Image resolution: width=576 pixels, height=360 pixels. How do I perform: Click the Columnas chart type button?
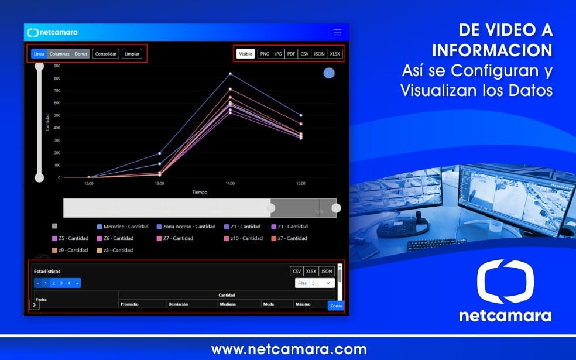point(59,54)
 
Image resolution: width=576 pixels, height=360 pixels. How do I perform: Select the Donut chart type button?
point(81,54)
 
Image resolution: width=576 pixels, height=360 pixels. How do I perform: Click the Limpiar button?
point(132,54)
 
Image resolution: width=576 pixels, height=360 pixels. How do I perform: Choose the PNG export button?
point(265,54)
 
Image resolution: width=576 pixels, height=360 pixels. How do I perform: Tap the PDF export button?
point(291,54)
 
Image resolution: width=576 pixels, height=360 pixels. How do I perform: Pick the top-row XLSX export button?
point(335,54)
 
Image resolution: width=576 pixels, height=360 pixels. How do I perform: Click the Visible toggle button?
point(245,54)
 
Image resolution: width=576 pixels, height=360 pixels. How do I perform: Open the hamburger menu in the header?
point(337,32)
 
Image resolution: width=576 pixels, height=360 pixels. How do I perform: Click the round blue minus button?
point(329,73)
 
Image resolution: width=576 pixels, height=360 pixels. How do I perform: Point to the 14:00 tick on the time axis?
point(230,184)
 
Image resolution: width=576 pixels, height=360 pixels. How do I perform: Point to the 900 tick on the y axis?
point(57,66)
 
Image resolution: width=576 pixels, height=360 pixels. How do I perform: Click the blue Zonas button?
point(336,306)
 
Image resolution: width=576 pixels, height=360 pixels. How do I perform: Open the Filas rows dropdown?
point(315,283)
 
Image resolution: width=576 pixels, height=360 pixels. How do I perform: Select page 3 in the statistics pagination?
point(61,283)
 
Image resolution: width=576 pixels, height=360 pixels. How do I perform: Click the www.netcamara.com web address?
point(289,350)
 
